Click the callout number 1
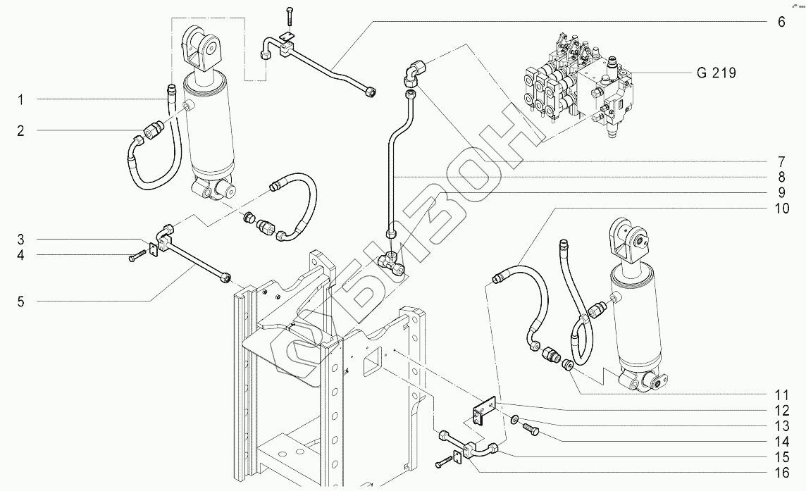coord(21,100)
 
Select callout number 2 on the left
coord(21,130)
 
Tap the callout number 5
coord(21,302)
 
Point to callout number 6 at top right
coord(781,22)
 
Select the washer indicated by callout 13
coord(515,421)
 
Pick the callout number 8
coord(781,175)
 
